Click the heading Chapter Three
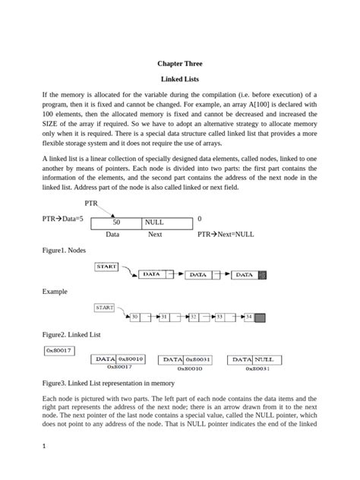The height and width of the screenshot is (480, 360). [x=180, y=64]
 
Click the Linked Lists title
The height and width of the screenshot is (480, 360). [x=180, y=79]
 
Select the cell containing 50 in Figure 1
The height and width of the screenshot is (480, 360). [x=116, y=223]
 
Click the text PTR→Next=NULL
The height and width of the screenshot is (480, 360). [x=226, y=235]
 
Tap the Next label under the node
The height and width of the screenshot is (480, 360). [x=155, y=235]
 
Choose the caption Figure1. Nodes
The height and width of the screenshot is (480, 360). [x=66, y=250]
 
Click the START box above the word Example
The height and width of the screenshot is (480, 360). [x=106, y=267]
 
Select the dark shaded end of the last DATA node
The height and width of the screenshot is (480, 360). [x=262, y=276]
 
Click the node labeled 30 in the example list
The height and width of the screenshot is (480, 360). [x=134, y=316]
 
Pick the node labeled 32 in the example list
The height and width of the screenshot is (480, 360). [x=194, y=316]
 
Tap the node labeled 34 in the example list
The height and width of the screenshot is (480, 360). [x=248, y=316]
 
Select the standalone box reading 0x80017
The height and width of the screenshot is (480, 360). [x=58, y=350]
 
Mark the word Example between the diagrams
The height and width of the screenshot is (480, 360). [x=55, y=292]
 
